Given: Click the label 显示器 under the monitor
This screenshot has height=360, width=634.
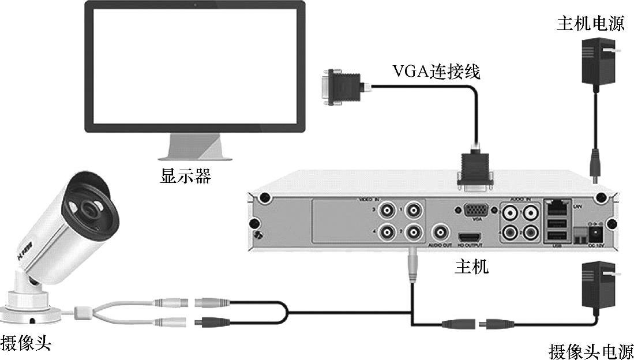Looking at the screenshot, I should (185, 175).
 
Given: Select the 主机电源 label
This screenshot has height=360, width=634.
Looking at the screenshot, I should (590, 24).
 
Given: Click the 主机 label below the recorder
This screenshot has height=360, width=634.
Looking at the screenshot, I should (471, 266).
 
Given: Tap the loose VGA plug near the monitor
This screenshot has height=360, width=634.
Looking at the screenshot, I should (343, 88).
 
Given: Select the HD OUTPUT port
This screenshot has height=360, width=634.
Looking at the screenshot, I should (470, 237).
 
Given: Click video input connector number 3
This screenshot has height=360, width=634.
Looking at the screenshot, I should (386, 210).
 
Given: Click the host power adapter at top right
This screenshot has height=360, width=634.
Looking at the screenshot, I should (598, 61).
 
